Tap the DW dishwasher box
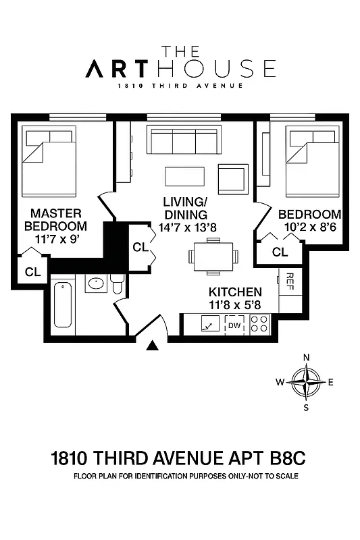pyautogui.click(x=234, y=326)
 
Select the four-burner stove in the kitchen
pyautogui.click(x=259, y=325)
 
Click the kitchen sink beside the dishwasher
pyautogui.click(x=209, y=326)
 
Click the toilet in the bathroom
pyautogui.click(x=117, y=286)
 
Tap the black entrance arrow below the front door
pyautogui.click(x=153, y=346)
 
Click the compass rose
pyautogui.click(x=306, y=382)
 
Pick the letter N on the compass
pyautogui.click(x=306, y=358)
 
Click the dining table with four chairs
pyautogui.click(x=213, y=256)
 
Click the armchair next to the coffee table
pyautogui.click(x=231, y=178)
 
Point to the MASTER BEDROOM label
pyautogui.click(x=55, y=219)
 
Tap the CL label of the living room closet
pyautogui.click(x=140, y=247)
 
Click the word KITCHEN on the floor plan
pyautogui.click(x=234, y=292)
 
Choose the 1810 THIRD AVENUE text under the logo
pyautogui.click(x=180, y=86)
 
